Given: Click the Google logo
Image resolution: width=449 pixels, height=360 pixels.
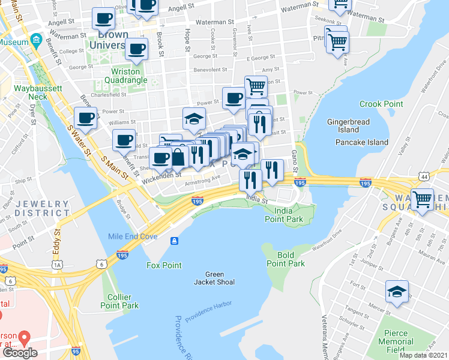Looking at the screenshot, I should (19, 353).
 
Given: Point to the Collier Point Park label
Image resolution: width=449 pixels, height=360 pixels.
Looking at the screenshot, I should (122, 301).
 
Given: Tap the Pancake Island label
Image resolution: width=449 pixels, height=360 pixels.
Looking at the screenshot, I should (361, 142).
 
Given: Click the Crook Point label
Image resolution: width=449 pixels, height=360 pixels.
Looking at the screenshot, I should (381, 104).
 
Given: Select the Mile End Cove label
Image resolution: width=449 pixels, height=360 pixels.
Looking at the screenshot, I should (133, 236).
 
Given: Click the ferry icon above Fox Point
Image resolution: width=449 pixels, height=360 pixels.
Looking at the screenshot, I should (174, 241).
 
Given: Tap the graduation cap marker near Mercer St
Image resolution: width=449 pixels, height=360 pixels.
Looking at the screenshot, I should (397, 292).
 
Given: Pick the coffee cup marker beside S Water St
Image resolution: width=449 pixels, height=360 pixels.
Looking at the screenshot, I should (85, 118).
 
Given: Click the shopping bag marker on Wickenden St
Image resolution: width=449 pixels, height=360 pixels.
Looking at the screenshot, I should (178, 158).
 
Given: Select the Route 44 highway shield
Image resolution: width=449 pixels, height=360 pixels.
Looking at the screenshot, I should (425, 176).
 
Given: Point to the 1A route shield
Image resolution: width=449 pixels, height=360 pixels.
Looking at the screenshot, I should (57, 264).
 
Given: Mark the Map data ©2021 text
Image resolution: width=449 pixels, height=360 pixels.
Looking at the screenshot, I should (423, 355).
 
